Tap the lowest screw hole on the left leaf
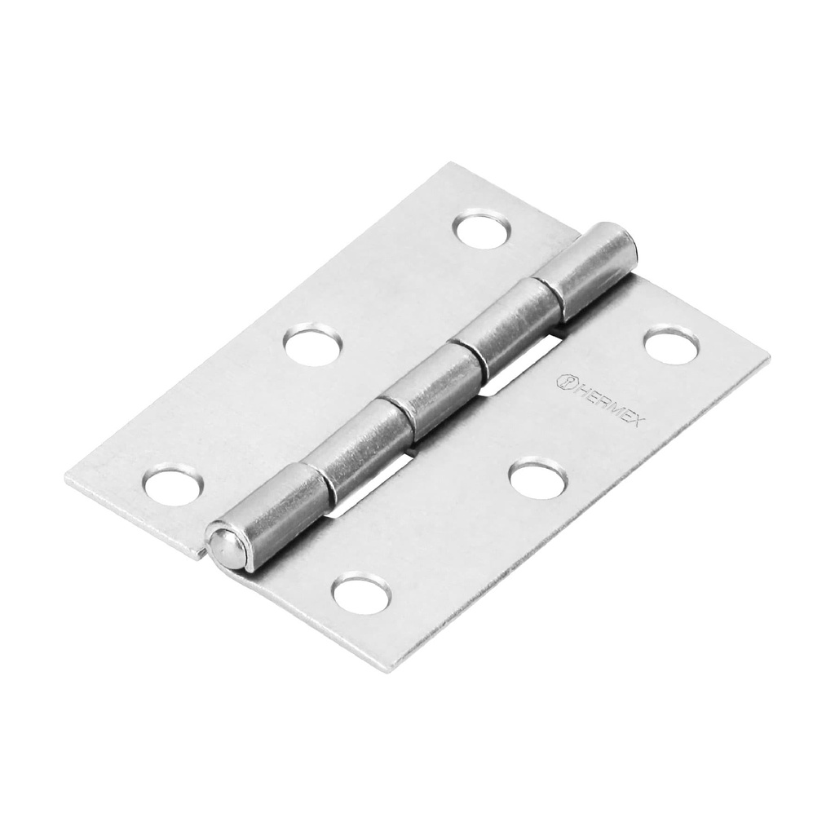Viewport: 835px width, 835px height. click(171, 484)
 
